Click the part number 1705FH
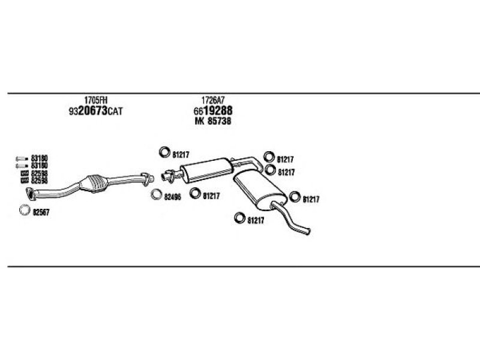[x=96, y=100]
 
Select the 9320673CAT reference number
[x=95, y=111]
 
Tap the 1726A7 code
[x=213, y=100]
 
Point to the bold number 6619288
[x=213, y=110]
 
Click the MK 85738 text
[x=213, y=121]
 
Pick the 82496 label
[x=172, y=197]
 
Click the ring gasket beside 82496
[x=156, y=194]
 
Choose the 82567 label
[x=41, y=212]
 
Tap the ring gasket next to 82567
[x=25, y=209]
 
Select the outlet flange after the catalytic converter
[x=147, y=179]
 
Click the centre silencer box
[x=206, y=170]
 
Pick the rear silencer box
[x=260, y=190]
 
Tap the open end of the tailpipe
[x=308, y=231]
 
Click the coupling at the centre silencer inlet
[x=169, y=176]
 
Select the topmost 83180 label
[x=40, y=158]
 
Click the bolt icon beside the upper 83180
[x=22, y=158]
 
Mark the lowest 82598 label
[x=40, y=181]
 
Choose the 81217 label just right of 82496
[x=211, y=196]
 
